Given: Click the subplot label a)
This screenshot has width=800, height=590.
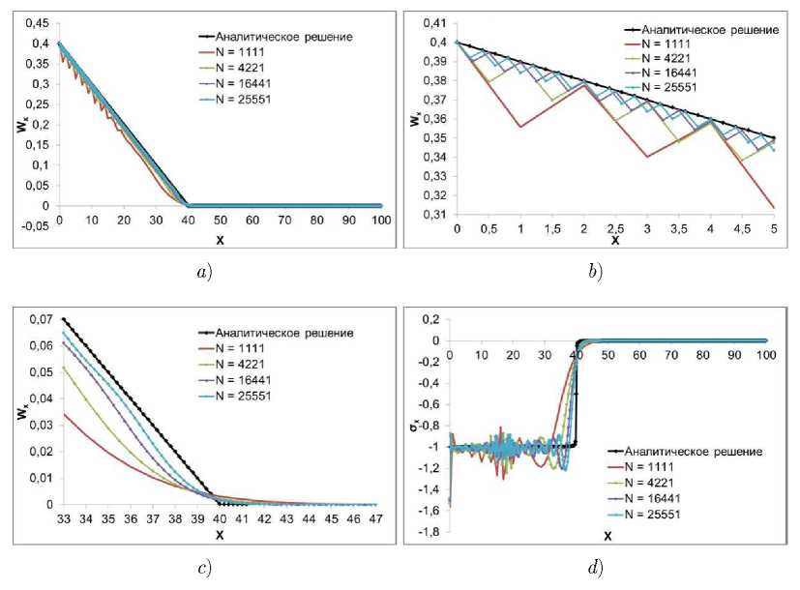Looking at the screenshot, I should tap(203, 272).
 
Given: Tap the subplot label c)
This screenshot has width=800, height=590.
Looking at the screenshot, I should tap(203, 568).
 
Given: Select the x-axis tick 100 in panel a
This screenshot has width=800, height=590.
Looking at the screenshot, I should tap(381, 221).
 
